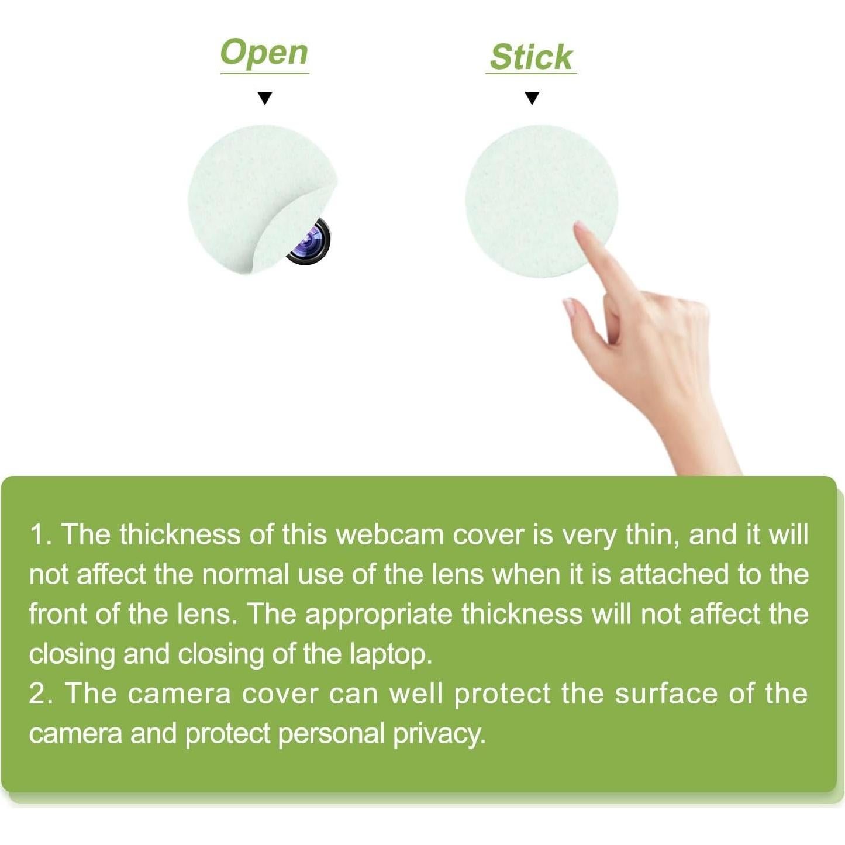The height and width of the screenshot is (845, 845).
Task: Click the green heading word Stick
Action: tap(531, 57)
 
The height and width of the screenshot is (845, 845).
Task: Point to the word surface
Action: tap(667, 694)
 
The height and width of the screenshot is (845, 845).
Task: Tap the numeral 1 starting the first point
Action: tap(36, 536)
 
